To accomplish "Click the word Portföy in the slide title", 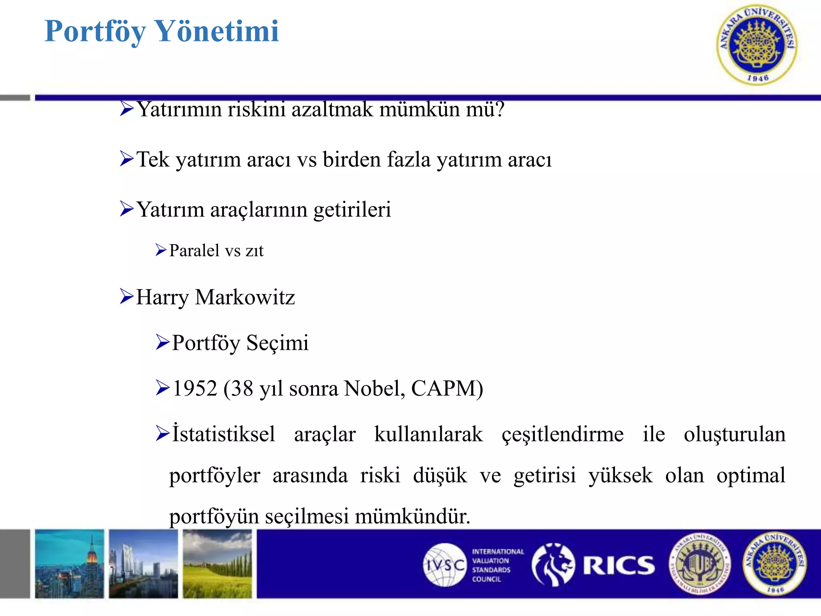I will coord(95,32).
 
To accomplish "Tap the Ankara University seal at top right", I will coord(756,45).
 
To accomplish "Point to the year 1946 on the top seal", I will coord(757,78).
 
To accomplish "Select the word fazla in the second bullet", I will coord(409,159).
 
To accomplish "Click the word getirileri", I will coord(352,209).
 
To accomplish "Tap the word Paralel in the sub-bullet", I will coord(194,251).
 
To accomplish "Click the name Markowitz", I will coord(245,297).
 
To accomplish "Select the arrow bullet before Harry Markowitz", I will coord(126,297).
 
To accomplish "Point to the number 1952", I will coord(195,388).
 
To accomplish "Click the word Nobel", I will coord(374,388).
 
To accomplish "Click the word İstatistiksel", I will coord(224,434).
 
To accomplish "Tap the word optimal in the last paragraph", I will coord(750,475).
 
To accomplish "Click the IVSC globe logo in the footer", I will coord(444,565).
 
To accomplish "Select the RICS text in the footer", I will coord(619,565).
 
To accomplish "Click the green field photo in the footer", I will coord(217,564).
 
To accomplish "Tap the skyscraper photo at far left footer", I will coord(69,564).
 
